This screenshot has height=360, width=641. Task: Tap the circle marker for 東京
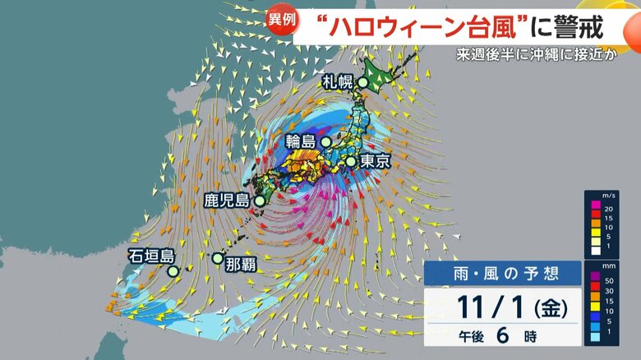pos(351,161)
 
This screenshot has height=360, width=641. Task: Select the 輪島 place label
pos(300,141)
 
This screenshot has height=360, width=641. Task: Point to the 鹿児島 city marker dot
pos(260,200)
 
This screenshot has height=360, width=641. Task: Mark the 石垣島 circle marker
pos(173,270)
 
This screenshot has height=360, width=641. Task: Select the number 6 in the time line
pos(500,336)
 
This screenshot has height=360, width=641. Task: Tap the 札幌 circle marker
pos(362,81)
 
